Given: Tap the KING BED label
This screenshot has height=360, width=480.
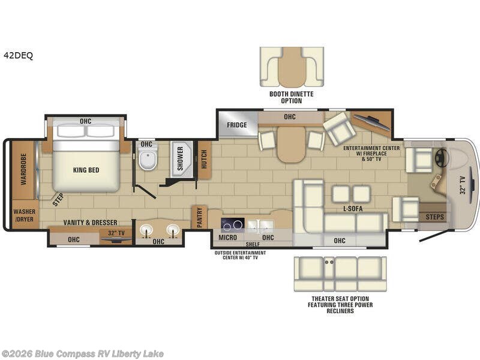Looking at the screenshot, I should (x=86, y=170).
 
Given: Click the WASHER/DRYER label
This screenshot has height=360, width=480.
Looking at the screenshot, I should (x=25, y=215).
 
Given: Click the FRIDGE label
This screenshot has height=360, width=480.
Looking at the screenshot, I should (x=238, y=125).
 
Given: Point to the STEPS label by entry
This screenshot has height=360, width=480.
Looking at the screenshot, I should (x=435, y=216).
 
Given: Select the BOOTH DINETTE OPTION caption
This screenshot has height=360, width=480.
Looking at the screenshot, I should (x=291, y=97).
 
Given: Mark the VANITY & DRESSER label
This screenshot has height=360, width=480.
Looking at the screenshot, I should (x=89, y=222).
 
